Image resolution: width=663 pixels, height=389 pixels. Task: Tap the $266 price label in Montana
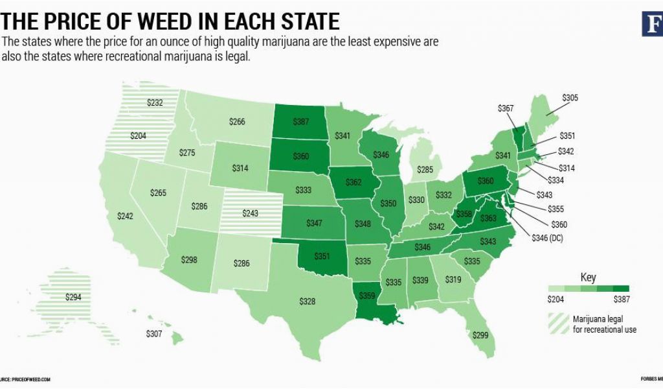[x=237, y=121]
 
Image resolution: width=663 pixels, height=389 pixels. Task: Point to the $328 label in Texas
[x=308, y=301]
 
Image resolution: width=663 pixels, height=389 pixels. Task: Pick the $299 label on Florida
[x=480, y=335]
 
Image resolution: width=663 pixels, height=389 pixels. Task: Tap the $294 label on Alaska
[x=74, y=297]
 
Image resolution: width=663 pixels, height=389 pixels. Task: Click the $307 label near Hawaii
[x=155, y=335]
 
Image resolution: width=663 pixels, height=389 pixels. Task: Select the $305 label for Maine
[x=570, y=99]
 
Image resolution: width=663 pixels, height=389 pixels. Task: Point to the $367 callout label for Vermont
[x=506, y=108]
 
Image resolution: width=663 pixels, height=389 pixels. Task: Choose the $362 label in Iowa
[x=354, y=183]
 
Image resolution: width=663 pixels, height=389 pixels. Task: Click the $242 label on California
[x=126, y=217]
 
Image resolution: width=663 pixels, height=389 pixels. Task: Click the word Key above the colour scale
[x=588, y=277]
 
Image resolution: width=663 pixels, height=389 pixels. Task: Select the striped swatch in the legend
[x=557, y=323]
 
